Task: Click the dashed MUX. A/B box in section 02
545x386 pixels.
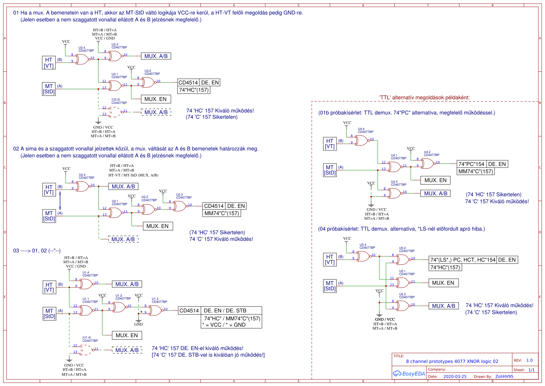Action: tap(123, 239)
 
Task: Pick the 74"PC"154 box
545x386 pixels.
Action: tap(471, 164)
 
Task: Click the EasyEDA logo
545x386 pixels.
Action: tap(409, 373)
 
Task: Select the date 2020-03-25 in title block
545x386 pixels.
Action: tap(455, 376)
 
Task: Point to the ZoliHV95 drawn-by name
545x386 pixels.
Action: tap(504, 376)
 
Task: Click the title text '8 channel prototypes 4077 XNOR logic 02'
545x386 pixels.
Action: tap(452, 361)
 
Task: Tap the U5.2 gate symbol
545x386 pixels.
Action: tap(402, 260)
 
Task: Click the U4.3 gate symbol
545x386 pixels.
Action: tap(394, 193)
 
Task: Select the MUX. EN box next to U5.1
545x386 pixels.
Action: tap(443, 283)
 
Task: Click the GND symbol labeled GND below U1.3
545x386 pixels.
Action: tap(139, 321)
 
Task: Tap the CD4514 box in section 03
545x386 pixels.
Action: tap(189, 310)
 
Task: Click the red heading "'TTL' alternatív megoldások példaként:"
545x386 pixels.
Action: tap(424, 97)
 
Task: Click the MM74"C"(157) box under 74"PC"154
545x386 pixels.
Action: tap(475, 171)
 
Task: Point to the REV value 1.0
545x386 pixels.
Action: tap(529, 360)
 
